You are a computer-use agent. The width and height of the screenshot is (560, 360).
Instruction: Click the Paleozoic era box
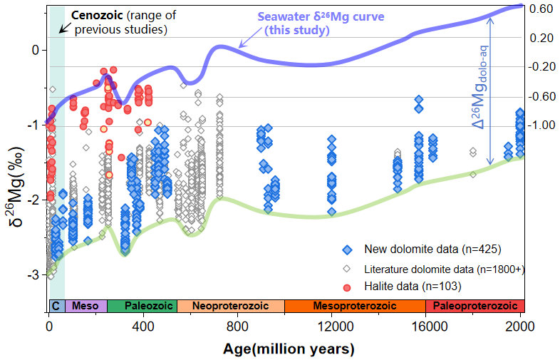(142, 305)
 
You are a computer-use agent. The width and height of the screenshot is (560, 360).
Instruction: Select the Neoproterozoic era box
(230, 305)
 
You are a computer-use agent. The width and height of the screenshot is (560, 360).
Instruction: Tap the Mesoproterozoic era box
(354, 305)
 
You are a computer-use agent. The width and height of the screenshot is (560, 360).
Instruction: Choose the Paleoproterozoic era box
(475, 305)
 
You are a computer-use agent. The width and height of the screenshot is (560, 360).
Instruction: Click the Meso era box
(86, 305)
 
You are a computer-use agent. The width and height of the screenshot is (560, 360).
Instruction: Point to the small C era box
(56, 305)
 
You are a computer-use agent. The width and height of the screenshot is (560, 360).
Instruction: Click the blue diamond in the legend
(347, 250)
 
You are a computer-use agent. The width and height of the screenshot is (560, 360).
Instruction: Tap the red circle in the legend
(347, 287)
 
